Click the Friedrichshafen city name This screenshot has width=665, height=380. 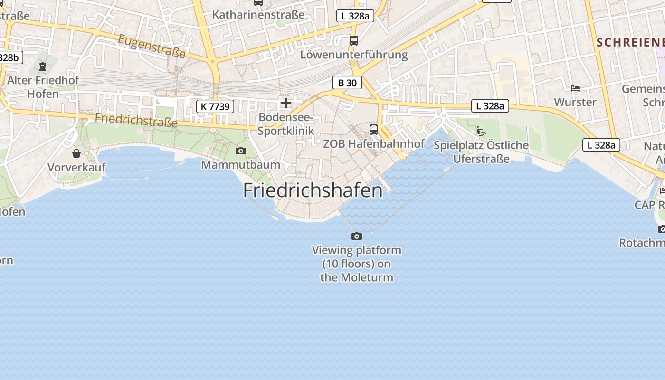tap(313, 190)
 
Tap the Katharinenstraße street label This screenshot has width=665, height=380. tap(258, 15)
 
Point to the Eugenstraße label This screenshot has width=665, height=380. tap(152, 46)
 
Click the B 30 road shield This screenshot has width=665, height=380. tap(347, 83)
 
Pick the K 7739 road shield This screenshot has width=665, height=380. tap(215, 106)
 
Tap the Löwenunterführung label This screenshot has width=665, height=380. tap(354, 55)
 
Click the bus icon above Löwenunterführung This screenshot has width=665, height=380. tap(353, 41)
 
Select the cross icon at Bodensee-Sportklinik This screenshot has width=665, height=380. tap(285, 103)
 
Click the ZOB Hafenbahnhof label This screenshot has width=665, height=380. tap(374, 143)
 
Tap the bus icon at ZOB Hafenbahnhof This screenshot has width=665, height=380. tap(374, 130)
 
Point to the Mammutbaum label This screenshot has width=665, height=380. tap(241, 165)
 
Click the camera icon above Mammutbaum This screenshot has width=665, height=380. tap(241, 151)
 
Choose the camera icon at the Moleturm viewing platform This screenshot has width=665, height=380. tap(356, 236)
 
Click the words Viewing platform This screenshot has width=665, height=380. tap(357, 250)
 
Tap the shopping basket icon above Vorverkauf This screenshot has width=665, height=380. tap(76, 153)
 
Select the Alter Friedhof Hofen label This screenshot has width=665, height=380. tap(43, 87)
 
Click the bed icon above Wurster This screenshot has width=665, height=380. tap(575, 88)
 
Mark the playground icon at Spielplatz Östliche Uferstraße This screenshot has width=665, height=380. tap(481, 131)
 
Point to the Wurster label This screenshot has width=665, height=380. tap(575, 102)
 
